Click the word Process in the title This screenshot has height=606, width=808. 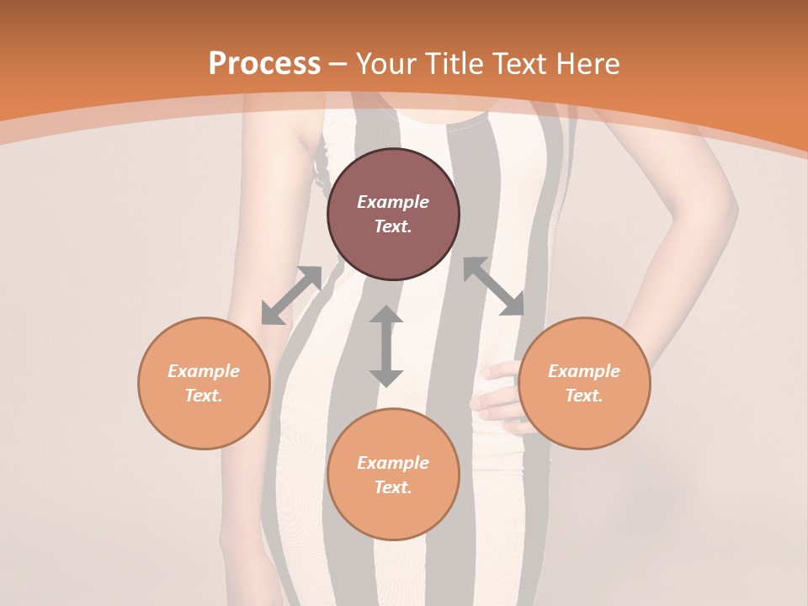[264, 63]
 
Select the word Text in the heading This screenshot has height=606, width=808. [518, 63]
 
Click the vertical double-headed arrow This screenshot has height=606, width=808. [386, 346]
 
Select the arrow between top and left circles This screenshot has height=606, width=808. [291, 295]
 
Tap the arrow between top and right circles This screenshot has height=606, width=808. [493, 286]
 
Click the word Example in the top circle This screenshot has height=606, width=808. [393, 202]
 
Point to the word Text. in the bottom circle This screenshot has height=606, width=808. [393, 487]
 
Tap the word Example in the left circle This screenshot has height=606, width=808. [204, 371]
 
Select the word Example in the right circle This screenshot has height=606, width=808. [584, 371]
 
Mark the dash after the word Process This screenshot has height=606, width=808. [338, 64]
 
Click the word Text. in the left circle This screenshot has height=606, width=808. [204, 396]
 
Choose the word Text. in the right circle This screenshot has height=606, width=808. [584, 396]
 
